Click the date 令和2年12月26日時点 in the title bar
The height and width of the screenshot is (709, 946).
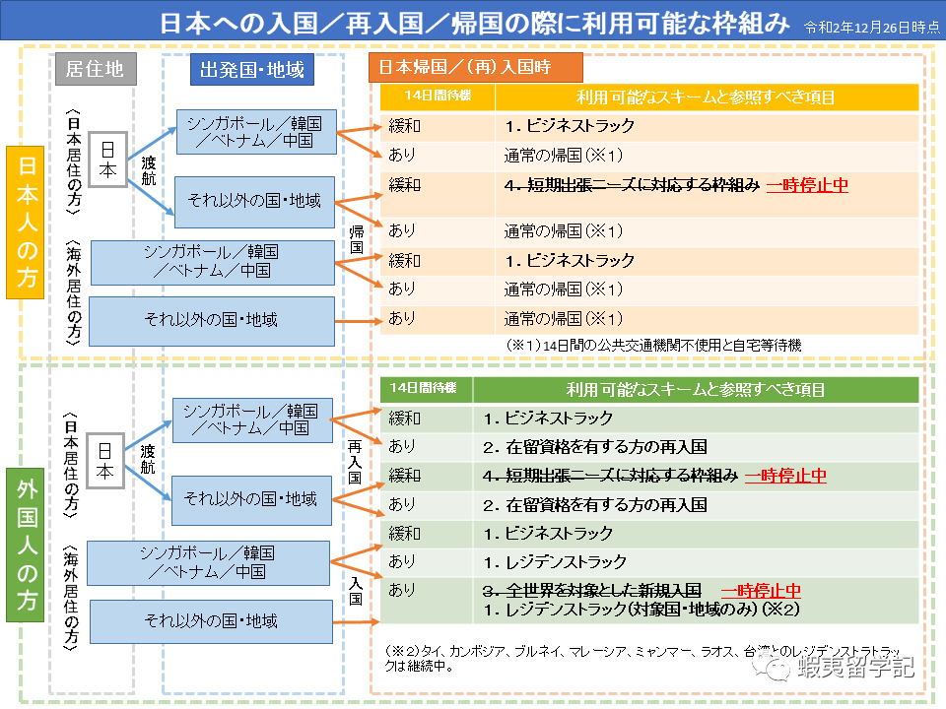point(871,27)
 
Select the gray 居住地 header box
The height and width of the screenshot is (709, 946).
point(94,69)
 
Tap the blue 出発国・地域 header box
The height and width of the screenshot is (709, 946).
point(251,69)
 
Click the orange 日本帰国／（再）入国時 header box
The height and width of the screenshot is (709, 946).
point(474,68)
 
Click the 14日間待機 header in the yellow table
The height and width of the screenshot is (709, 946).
point(438,96)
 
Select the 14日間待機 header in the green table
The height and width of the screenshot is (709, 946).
point(427,389)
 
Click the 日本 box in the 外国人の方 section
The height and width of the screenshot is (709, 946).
point(105,460)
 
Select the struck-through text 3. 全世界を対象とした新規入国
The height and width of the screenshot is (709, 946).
point(591,591)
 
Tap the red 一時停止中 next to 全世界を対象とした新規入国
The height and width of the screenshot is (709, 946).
point(761,591)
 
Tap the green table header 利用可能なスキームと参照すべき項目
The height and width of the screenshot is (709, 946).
point(696,389)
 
